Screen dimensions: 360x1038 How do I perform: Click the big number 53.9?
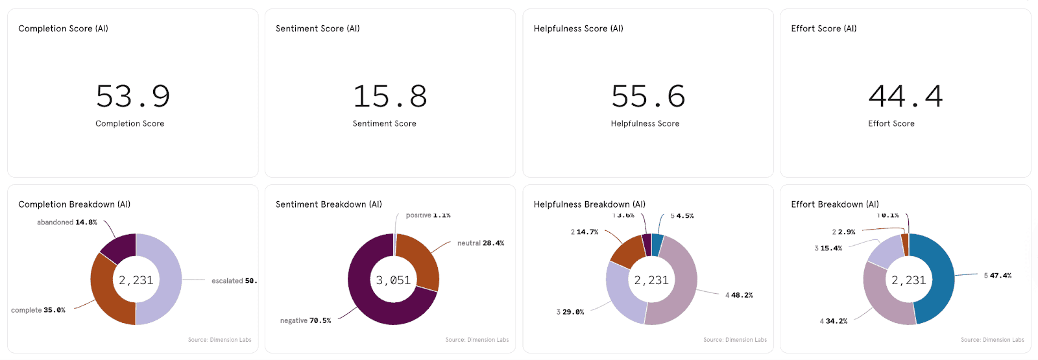[133, 97]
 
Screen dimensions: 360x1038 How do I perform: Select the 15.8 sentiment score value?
[390, 97]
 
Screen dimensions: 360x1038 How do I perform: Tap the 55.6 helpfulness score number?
[648, 97]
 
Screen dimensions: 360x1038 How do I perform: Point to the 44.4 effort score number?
[906, 97]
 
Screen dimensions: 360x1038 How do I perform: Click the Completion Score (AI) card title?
[63, 29]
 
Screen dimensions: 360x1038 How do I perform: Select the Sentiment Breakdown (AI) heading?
[328, 204]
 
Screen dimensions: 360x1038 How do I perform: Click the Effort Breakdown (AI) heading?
[834, 204]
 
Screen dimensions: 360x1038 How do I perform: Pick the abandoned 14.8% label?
[67, 222]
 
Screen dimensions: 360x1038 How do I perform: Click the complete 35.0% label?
[38, 310]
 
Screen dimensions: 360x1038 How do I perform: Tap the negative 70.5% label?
[306, 320]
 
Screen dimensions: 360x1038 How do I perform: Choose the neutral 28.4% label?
[481, 243]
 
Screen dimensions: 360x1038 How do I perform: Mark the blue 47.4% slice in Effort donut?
[937, 279]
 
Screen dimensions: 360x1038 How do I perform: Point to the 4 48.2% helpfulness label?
[739, 295]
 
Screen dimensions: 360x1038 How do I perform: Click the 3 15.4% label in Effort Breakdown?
[828, 248]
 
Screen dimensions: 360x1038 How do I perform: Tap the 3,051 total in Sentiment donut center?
[393, 280]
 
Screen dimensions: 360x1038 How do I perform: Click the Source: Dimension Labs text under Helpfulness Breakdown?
[735, 340]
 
